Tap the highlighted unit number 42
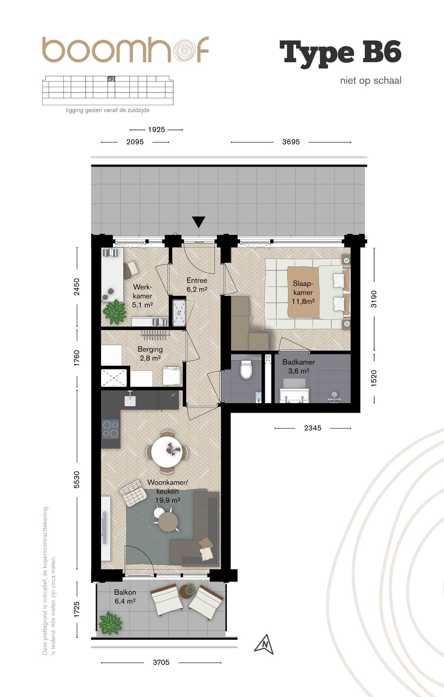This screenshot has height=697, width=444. (x=111, y=79)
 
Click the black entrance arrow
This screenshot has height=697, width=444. (x=198, y=222)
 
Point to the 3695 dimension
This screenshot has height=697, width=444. (x=291, y=142)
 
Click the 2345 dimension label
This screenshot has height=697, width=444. (x=312, y=428)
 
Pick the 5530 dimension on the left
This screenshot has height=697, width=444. (x=76, y=480)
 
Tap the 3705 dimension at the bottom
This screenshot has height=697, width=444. (x=161, y=662)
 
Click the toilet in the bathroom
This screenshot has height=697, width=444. (x=246, y=369)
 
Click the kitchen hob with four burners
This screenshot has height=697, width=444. (x=111, y=429)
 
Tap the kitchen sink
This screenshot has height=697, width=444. (x=130, y=400)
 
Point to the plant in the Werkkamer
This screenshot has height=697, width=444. (x=115, y=312)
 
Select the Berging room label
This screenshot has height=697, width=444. (x=150, y=354)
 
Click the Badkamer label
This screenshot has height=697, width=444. (x=298, y=367)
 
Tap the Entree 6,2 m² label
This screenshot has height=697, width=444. (x=197, y=285)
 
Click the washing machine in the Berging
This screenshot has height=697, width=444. (x=172, y=376)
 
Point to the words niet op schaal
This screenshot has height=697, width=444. (x=370, y=81)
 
